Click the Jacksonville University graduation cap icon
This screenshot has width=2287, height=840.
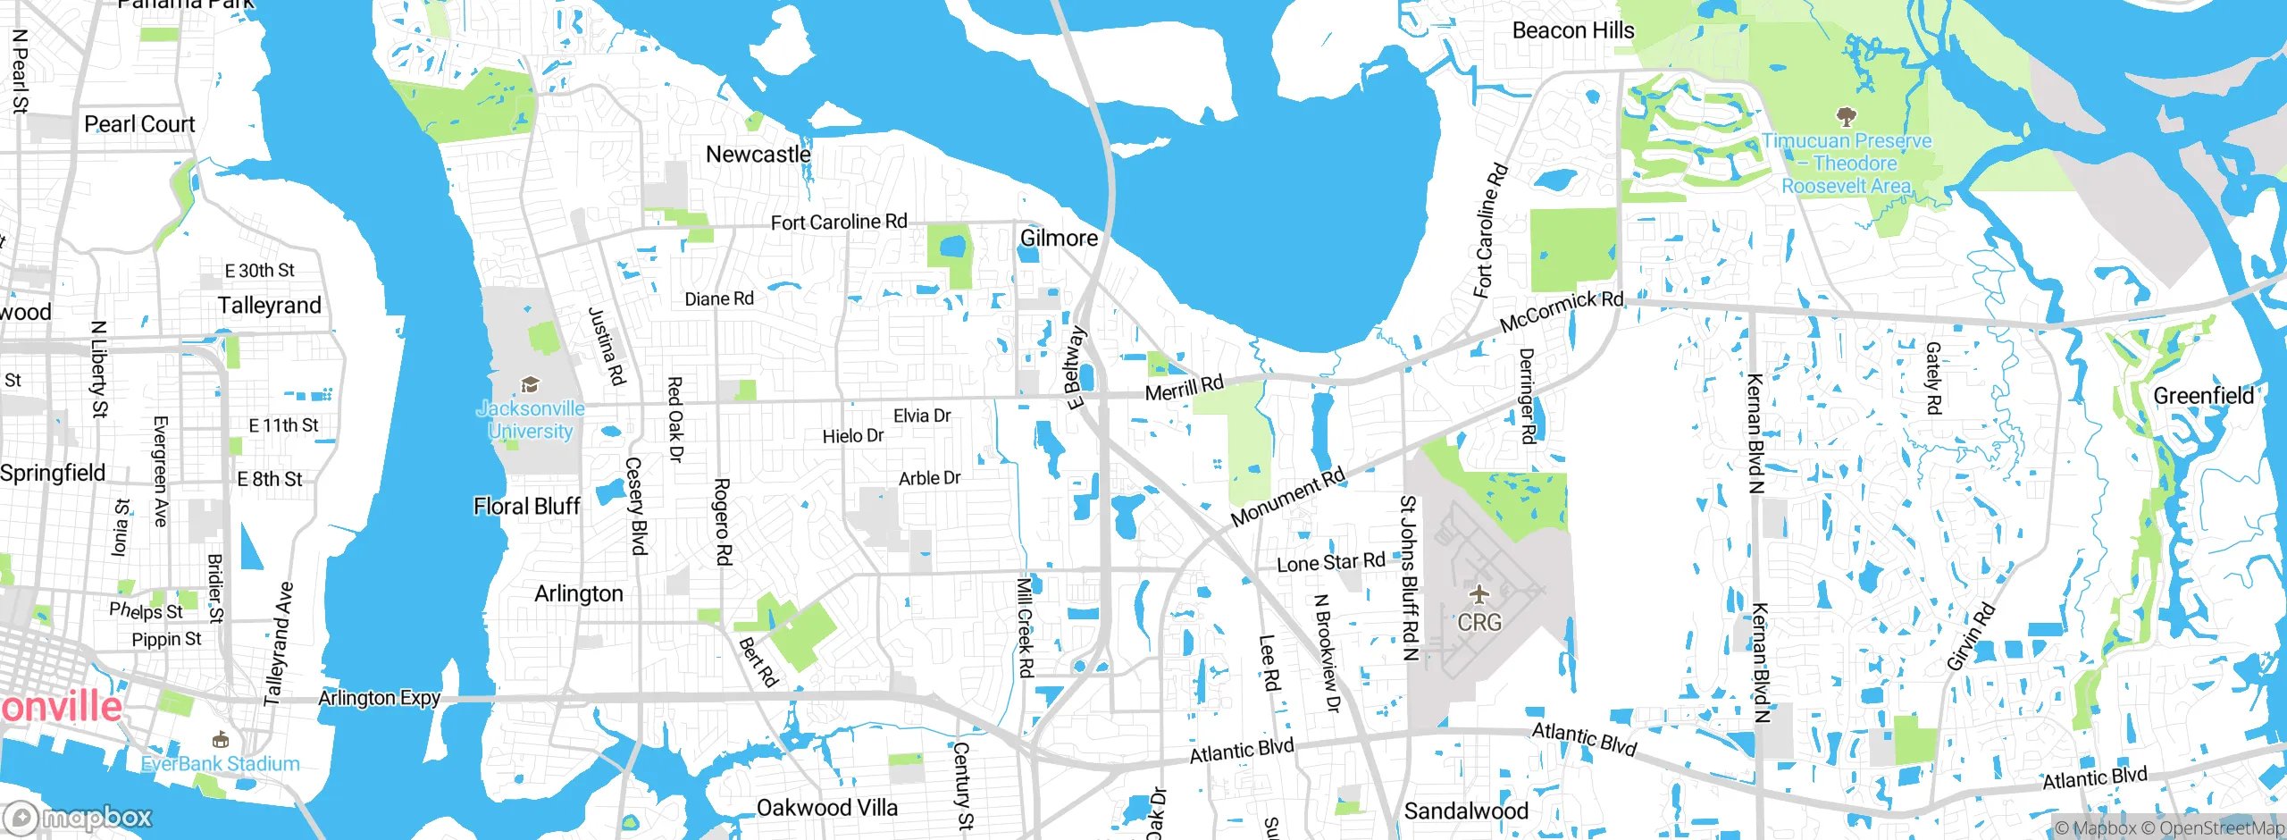click(x=530, y=385)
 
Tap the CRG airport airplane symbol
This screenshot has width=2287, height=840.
click(x=1479, y=594)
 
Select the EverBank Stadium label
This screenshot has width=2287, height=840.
click(x=221, y=764)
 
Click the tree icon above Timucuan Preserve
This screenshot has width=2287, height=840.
click(x=1846, y=116)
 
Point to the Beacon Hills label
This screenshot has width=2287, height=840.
click(x=1572, y=30)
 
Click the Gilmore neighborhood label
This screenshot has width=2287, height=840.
click(x=1059, y=239)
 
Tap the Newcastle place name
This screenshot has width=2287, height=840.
click(x=758, y=155)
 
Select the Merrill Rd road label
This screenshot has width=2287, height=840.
click(x=1184, y=390)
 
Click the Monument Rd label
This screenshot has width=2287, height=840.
click(x=1287, y=498)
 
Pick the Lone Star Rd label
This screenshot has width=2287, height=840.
click(x=1330, y=562)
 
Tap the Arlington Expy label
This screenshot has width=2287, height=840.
click(x=379, y=698)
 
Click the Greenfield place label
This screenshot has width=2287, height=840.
click(x=2203, y=396)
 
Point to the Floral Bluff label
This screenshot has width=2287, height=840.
click(x=526, y=507)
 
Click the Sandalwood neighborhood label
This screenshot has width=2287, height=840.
click(x=1466, y=811)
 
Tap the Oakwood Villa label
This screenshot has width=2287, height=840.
click(x=826, y=808)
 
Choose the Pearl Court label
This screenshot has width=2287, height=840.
click(x=139, y=124)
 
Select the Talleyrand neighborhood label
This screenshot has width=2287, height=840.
click(x=269, y=306)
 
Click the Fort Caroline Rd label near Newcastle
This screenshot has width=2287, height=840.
click(x=838, y=222)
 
